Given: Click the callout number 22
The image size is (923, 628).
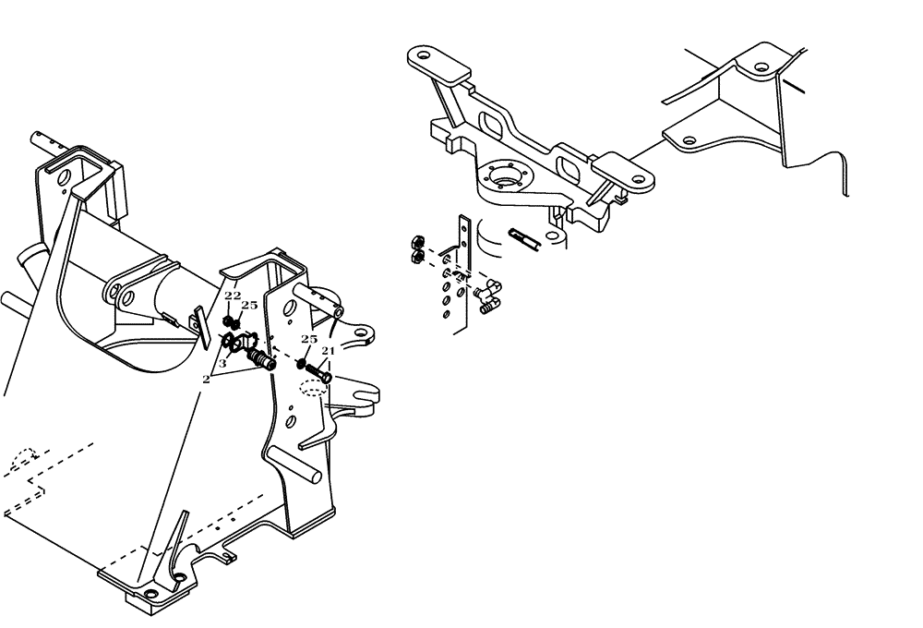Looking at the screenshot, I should point(233,296).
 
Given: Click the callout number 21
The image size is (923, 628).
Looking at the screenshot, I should point(328,351).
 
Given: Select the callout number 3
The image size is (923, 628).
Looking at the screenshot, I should point(222,364).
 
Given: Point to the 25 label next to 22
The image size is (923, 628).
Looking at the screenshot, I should point(249,305).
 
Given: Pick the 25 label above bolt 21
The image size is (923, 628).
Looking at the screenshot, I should point(309,340).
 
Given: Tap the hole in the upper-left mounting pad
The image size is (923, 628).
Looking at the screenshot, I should point(423,56).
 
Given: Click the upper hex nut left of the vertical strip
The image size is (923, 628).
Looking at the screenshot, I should point(415,244).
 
